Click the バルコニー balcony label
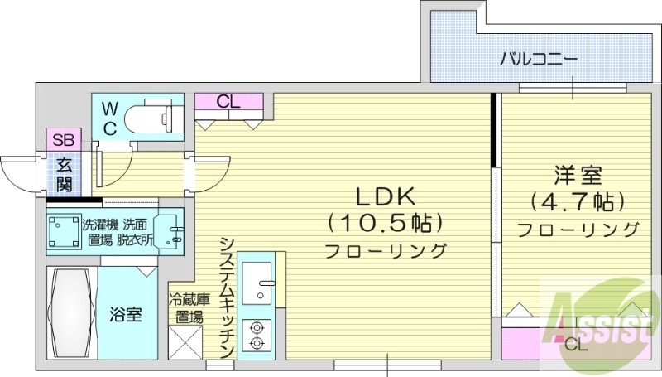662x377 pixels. point(539,59)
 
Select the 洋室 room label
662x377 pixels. point(578,176)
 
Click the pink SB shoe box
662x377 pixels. point(63,139)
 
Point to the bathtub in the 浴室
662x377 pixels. point(70,312)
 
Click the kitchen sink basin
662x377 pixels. point(263,281)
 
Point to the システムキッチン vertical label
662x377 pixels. point(227,293)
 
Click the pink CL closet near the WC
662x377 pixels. point(229,102)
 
